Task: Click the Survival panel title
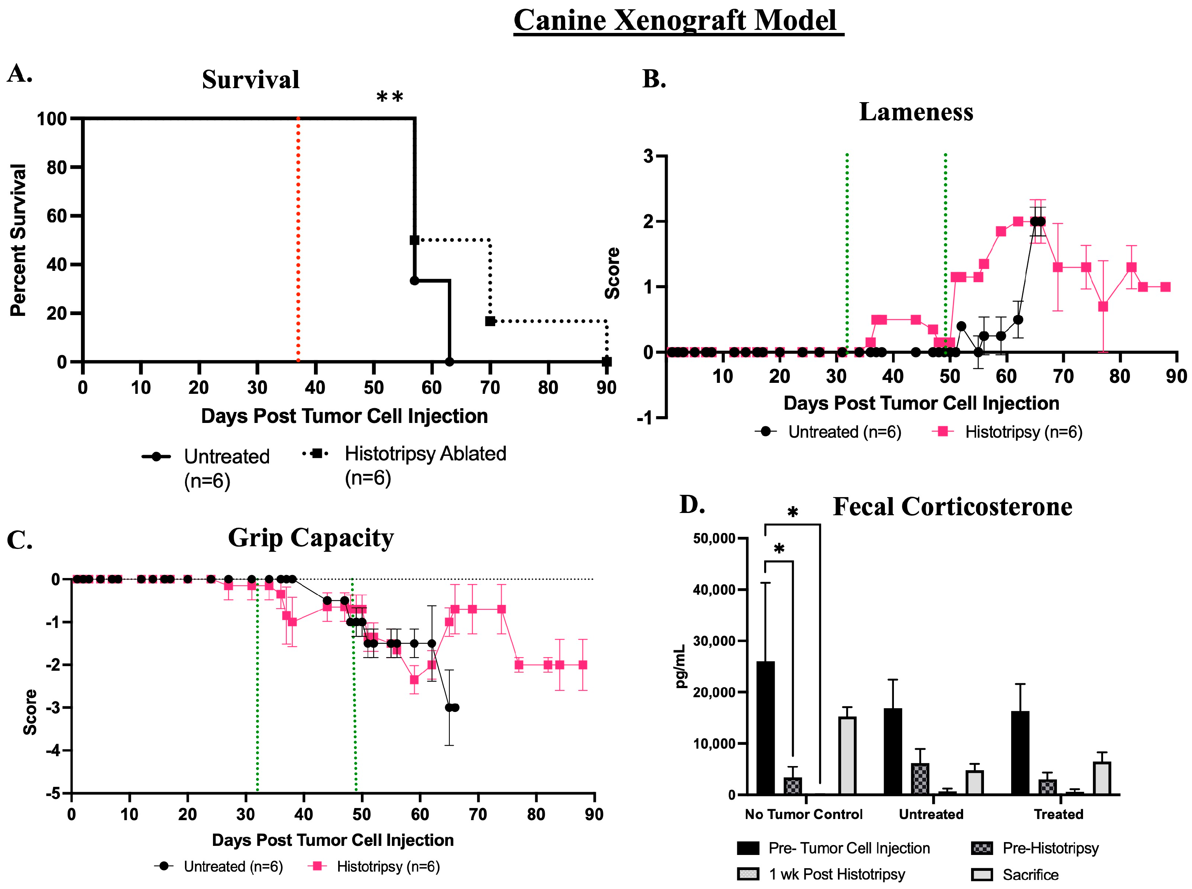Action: (251, 80)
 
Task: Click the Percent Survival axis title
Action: (18, 240)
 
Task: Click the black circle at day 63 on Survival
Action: (449, 362)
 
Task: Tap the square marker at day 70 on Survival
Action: (490, 321)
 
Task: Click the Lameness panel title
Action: (916, 112)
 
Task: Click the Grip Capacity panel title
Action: (311, 538)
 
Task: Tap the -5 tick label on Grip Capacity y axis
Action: (53, 794)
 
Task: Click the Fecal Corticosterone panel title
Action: (952, 507)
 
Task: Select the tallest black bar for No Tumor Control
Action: (765, 727)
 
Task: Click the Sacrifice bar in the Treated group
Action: (1102, 778)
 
